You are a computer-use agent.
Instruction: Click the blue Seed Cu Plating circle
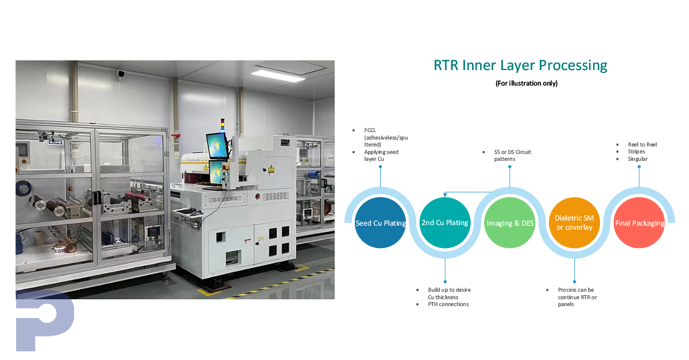[x=381, y=223]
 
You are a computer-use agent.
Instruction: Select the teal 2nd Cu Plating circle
[x=446, y=223]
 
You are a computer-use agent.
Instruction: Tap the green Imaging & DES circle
[x=510, y=223]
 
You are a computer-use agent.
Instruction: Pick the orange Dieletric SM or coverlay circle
[x=574, y=223]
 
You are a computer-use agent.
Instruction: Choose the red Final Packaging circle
[x=639, y=223]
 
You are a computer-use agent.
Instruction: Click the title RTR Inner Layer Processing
[x=520, y=65]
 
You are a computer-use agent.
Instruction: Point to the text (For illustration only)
[x=527, y=83]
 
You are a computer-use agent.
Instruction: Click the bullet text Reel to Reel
[x=642, y=145]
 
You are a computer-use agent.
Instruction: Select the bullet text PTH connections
[x=448, y=304]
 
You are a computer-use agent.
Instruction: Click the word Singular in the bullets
[x=637, y=158]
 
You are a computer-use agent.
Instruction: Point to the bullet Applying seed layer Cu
[x=381, y=155]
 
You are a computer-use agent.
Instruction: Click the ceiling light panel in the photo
[x=281, y=75]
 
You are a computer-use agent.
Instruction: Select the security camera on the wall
[x=121, y=73]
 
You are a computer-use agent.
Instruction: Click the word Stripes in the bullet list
[x=636, y=152]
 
